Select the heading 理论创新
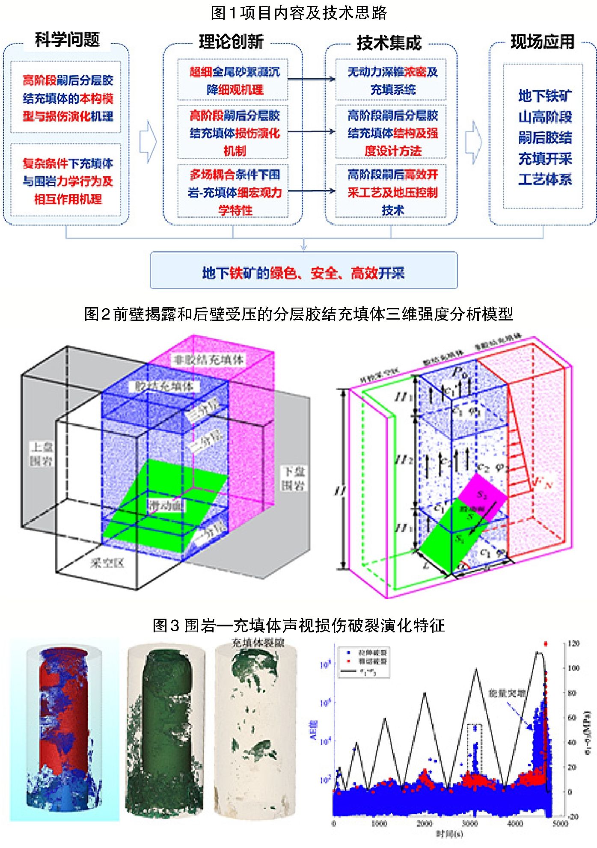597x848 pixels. point(231,42)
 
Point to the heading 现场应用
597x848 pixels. point(542,42)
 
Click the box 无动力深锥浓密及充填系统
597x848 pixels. point(392,80)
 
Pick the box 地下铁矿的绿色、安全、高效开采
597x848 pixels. point(303,273)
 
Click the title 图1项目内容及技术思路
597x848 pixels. point(298,12)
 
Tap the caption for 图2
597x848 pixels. point(298,314)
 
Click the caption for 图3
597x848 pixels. point(298,626)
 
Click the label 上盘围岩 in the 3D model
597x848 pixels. point(41,454)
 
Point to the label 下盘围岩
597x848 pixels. point(294,478)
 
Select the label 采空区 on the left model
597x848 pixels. point(107,563)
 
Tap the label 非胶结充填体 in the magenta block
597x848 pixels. point(208,360)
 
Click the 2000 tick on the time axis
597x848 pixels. point(425,823)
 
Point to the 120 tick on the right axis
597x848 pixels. point(574,643)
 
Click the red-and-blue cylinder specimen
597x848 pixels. point(64,727)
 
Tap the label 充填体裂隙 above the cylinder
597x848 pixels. point(258,643)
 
